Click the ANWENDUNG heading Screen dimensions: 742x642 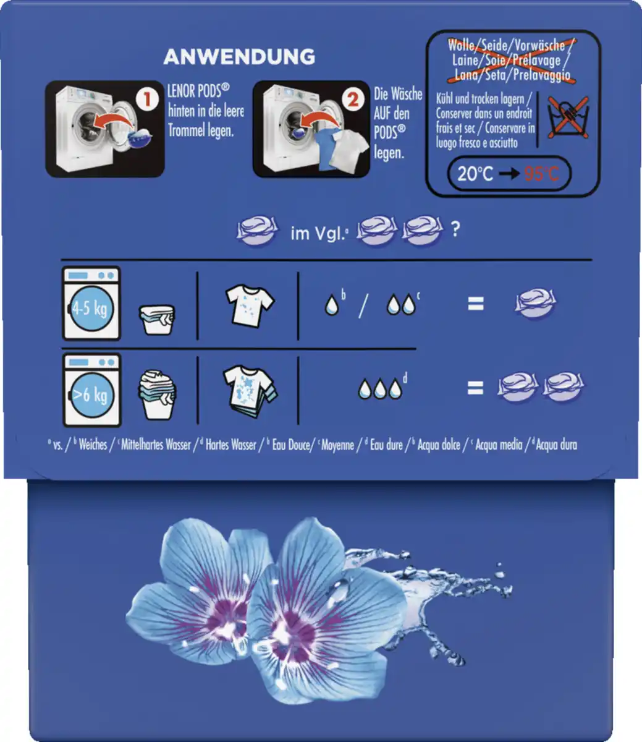pos(239,57)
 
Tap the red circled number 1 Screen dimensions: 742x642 pos(146,98)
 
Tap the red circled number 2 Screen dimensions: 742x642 pos(352,99)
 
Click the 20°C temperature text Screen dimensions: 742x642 pos(475,174)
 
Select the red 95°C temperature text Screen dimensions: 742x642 pos(541,174)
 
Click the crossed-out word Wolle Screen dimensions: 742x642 pos(461,45)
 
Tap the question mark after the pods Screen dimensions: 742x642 pos(456,230)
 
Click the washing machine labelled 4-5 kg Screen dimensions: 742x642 pos(91,304)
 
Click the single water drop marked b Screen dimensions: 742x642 pos(332,305)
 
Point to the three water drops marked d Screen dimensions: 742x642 pos(379,390)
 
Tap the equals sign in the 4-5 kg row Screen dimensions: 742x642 pos(475,304)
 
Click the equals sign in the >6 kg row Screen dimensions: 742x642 pos(475,388)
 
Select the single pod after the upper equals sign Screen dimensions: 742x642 pos(535,304)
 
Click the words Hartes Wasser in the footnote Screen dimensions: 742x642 pos(230,445)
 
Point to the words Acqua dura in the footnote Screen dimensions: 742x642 pos(556,445)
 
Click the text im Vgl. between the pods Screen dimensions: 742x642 pos(316,234)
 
